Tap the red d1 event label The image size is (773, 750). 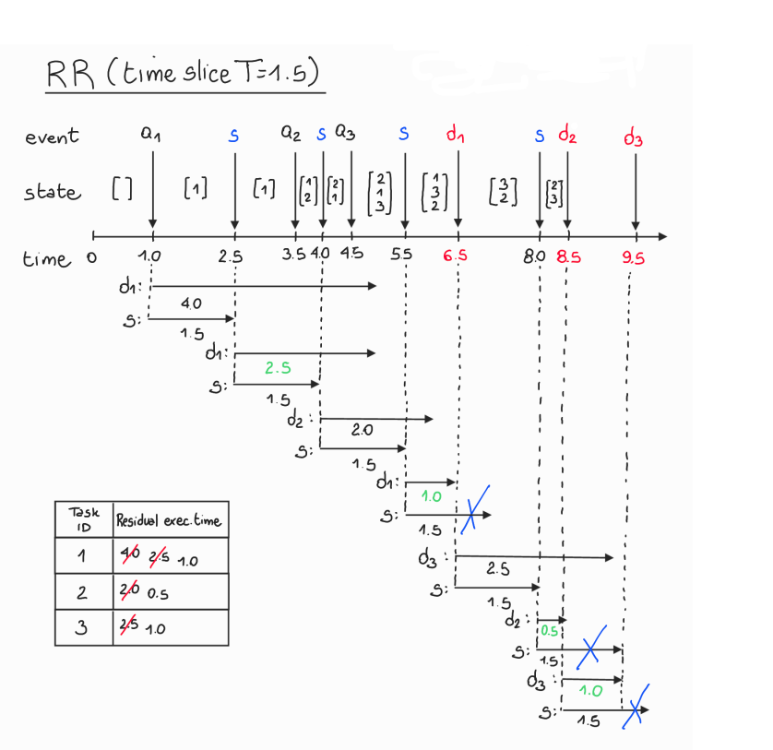point(456,135)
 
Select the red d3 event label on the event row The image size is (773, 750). point(633,139)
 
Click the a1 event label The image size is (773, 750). point(151,134)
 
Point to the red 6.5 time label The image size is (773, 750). point(456,256)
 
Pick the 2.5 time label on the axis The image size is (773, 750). point(231,256)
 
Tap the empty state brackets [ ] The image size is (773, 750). point(122,189)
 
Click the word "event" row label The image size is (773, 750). point(53,137)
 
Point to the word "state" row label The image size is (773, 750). point(52,192)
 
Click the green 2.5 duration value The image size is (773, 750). point(278,368)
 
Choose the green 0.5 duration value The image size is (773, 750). point(549,631)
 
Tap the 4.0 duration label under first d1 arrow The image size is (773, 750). point(191,303)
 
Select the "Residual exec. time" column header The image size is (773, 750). point(169,520)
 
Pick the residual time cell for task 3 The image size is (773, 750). point(169,628)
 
